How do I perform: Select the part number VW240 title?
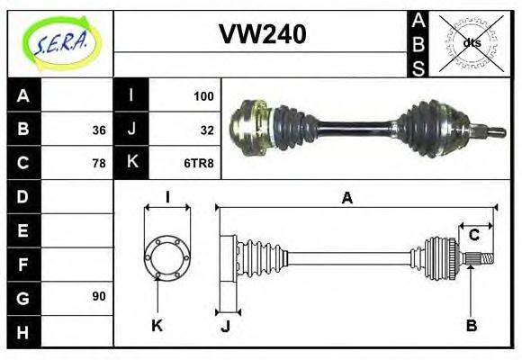(x=262, y=34)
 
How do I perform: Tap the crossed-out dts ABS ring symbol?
(x=469, y=42)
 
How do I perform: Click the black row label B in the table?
(x=23, y=130)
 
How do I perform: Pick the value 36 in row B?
(x=98, y=130)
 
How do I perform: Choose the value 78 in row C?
(x=98, y=164)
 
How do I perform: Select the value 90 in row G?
(x=98, y=296)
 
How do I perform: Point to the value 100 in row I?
(x=203, y=95)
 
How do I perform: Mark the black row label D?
(x=23, y=196)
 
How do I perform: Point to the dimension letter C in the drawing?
(x=473, y=236)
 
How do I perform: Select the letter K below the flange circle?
(x=157, y=325)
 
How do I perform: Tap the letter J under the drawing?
(x=225, y=326)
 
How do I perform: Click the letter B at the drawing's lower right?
(x=471, y=325)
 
